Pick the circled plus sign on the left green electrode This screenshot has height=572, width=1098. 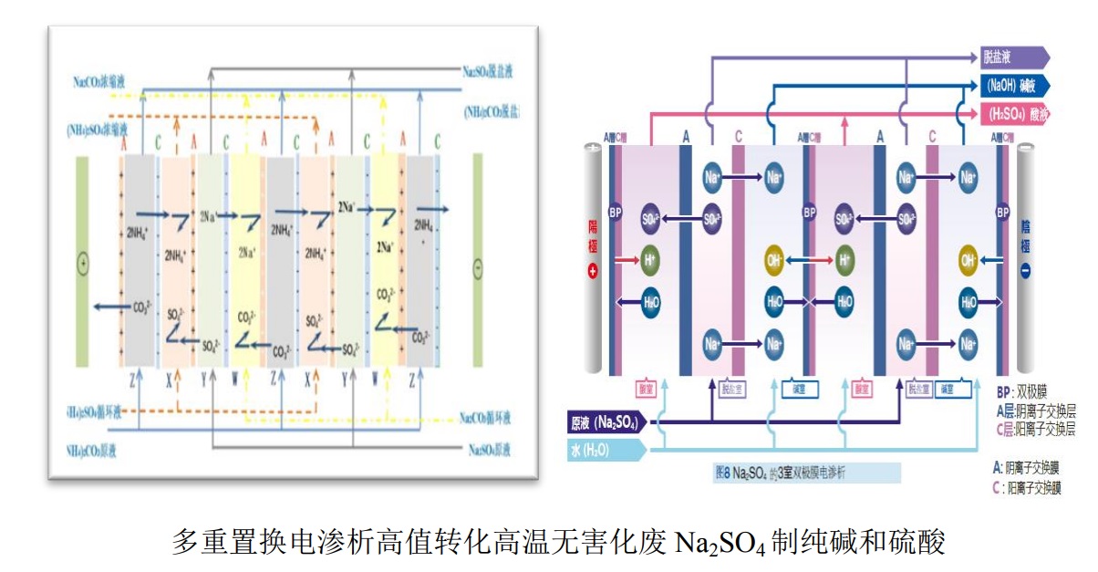point(84,265)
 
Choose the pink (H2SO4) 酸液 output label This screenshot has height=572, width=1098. point(1013,115)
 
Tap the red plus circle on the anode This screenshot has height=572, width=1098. point(593,272)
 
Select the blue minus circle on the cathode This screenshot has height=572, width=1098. point(1026,272)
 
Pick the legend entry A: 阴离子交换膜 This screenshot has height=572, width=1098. point(1027,466)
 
